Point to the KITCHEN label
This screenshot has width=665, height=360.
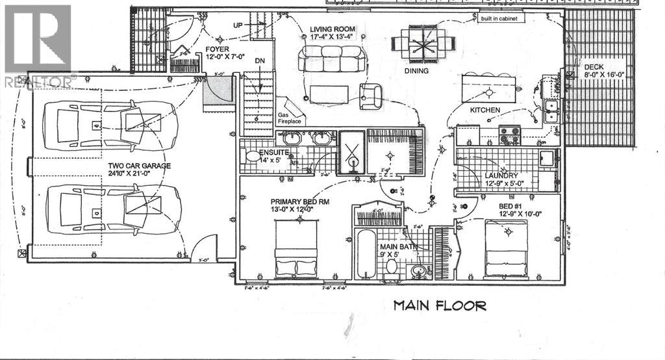coord(485,110)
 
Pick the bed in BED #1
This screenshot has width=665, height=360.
coord(507,249)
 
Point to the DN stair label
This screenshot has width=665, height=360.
coord(260,60)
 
